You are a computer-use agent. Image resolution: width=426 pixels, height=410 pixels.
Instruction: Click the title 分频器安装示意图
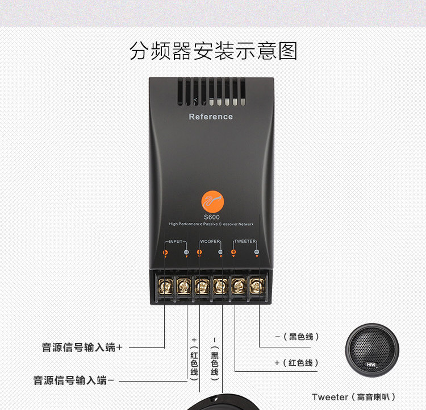click(x=213, y=51)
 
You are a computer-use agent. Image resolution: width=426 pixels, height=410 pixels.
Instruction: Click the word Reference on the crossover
click(x=211, y=117)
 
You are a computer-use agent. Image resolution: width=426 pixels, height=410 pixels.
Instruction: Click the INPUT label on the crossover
click(x=176, y=242)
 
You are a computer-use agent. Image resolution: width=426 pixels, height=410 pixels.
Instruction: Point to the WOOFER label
click(x=210, y=242)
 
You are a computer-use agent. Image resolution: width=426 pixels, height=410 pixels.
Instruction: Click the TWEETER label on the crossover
click(x=245, y=242)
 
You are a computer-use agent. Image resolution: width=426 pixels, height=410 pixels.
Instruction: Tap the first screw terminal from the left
click(x=166, y=285)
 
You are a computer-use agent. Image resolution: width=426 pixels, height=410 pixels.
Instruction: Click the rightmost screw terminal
click(x=257, y=285)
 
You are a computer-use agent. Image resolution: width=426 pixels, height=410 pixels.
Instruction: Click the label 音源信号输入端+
click(x=82, y=347)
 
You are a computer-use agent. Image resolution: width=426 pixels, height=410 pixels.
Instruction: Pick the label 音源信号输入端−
click(x=74, y=380)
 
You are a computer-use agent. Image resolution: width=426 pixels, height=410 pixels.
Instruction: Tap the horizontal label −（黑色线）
click(x=297, y=337)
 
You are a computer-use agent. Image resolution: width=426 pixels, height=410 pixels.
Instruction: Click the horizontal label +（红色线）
click(x=296, y=363)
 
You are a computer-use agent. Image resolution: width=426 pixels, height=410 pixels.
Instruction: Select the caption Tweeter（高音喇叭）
click(x=353, y=397)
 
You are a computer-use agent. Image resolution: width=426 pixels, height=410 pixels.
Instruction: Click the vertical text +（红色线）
click(x=194, y=358)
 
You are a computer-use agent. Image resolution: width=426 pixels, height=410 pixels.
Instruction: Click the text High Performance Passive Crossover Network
click(x=211, y=225)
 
